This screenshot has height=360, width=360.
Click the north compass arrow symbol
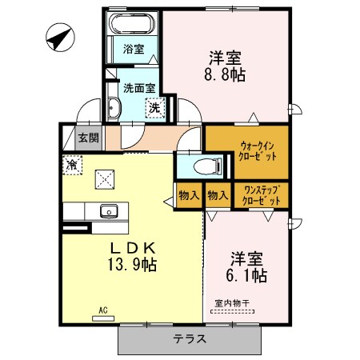tap(60, 37)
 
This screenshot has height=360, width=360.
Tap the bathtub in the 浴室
tap(132, 23)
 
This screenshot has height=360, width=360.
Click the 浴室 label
tap(134, 49)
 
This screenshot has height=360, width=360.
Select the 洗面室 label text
tap(139, 88)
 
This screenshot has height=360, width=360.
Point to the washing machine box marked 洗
tap(154, 108)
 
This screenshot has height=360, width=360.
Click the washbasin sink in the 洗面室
tap(114, 108)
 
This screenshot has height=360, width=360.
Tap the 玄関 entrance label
tap(89, 138)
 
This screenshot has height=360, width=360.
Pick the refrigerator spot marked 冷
tap(72, 165)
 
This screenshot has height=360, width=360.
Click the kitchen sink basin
tap(109, 211)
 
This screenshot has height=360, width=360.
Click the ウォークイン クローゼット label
tap(258, 151)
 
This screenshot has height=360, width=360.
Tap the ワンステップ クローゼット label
tap(262, 195)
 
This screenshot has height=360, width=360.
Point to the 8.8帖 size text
tap(225, 75)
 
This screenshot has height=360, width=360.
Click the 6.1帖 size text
tap(246, 275)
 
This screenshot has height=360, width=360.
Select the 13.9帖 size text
tap(132, 265)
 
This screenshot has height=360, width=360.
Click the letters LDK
tap(133, 249)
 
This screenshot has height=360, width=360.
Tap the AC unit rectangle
tap(103, 318)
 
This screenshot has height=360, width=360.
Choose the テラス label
tap(190, 339)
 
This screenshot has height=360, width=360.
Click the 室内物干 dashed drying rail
tap(232, 311)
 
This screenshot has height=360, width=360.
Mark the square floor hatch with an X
tap(105, 179)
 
